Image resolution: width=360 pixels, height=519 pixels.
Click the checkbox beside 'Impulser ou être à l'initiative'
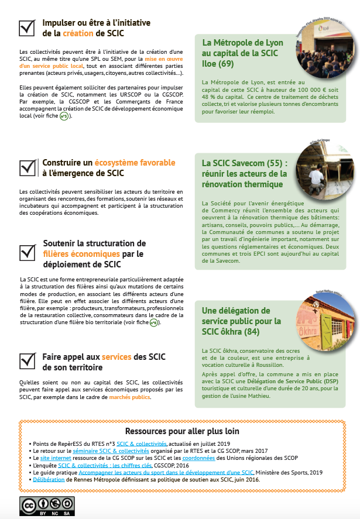pos(26,28)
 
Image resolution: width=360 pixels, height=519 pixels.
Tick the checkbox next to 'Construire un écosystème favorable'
pos(27,166)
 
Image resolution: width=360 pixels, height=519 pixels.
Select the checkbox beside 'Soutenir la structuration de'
pos(27,252)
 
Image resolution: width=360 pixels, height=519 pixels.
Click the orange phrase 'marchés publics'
pos(129,397)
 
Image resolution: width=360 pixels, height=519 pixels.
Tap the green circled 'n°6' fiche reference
pos(154,322)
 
